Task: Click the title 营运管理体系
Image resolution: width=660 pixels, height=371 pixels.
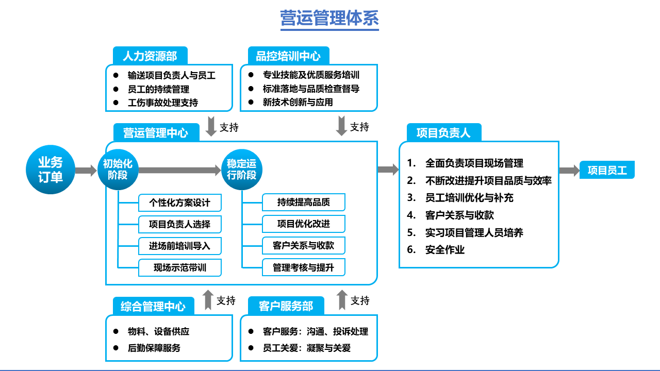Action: pos(329,18)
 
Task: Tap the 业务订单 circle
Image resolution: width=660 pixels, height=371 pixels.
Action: pos(51,170)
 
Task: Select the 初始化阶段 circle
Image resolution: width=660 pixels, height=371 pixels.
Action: pos(118,170)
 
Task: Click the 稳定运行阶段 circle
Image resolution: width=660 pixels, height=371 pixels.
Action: pos(241,170)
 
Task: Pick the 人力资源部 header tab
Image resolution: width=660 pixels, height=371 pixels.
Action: pos(150,56)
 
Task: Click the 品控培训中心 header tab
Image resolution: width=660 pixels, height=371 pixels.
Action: pos(288,56)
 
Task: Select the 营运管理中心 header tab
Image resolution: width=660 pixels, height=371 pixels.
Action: pos(155,132)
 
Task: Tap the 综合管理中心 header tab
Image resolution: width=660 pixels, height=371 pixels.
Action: pos(153,307)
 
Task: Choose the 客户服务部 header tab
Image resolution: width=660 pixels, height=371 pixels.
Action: pos(286,306)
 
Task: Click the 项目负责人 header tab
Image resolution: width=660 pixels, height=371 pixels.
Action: pos(443,132)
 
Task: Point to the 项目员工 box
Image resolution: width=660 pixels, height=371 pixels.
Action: pos(607,171)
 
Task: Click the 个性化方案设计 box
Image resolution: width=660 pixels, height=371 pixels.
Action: pos(180,203)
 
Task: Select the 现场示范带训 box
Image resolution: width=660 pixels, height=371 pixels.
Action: pos(180,267)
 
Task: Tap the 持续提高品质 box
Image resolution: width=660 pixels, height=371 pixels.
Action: pos(304,203)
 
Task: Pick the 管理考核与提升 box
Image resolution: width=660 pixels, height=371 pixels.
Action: pos(304,267)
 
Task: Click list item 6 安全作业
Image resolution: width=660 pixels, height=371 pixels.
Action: pos(444,250)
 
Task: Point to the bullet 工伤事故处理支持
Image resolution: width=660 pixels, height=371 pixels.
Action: pos(163,103)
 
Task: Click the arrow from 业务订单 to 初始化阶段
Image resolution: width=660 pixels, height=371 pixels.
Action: pos(86,171)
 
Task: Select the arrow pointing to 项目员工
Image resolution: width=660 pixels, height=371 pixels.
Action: pos(569,171)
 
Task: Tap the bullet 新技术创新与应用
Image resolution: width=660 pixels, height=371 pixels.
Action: pos(298,102)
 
